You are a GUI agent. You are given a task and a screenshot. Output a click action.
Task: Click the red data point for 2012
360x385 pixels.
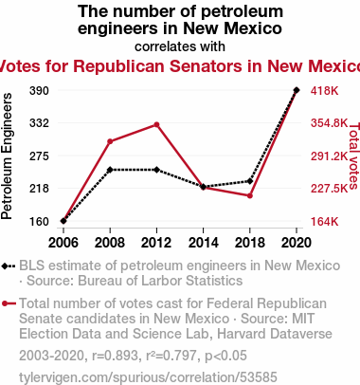pyautogui.click(x=156, y=125)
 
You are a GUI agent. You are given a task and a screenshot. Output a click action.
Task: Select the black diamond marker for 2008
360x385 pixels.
pyautogui.click(x=110, y=170)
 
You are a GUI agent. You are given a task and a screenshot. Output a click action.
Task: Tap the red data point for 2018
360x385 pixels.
pyautogui.click(x=250, y=196)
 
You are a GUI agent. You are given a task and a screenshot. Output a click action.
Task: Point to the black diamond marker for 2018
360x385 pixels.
pyautogui.click(x=250, y=181)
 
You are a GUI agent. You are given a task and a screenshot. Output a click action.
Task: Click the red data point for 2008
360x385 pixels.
pyautogui.click(x=110, y=141)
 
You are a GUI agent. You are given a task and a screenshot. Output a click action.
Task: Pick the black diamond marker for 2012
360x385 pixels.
pyautogui.click(x=156, y=170)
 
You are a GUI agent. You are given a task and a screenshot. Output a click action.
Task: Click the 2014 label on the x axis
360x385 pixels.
pyautogui.click(x=203, y=243)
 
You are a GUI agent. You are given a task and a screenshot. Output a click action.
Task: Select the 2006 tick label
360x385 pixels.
pyautogui.click(x=63, y=243)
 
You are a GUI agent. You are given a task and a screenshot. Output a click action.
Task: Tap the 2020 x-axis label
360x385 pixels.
pyautogui.click(x=297, y=243)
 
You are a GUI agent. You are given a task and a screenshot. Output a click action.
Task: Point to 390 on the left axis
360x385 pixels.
pyautogui.click(x=39, y=91)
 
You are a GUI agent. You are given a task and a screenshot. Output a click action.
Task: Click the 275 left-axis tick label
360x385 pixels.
pyautogui.click(x=39, y=156)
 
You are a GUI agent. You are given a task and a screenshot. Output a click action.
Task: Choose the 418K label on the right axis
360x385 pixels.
pyautogui.click(x=324, y=91)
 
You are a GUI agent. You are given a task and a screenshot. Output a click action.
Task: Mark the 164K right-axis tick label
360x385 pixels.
pyautogui.click(x=324, y=222)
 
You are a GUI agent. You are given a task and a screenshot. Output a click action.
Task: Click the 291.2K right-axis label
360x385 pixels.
pyautogui.click(x=329, y=156)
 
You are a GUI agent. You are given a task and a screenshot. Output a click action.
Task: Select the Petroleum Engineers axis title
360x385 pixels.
pyautogui.click(x=7, y=156)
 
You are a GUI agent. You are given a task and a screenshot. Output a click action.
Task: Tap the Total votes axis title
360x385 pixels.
pyautogui.click(x=354, y=156)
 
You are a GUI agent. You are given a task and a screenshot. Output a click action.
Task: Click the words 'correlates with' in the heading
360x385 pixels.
pyautogui.click(x=180, y=46)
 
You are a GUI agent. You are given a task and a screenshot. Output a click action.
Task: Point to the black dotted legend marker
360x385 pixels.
pyautogui.click(x=9, y=266)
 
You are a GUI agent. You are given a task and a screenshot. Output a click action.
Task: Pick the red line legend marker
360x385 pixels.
pyautogui.click(x=9, y=303)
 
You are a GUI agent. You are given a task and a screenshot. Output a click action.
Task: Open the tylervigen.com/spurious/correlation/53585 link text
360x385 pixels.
pyautogui.click(x=148, y=377)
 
